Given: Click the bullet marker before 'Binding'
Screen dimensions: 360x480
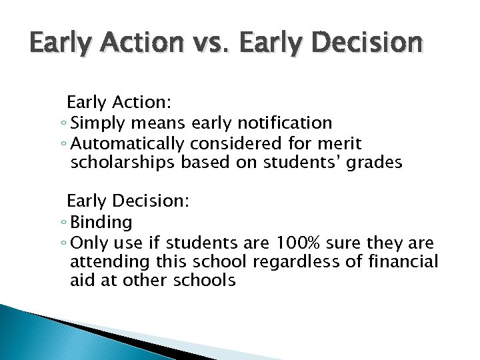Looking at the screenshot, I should point(63,223).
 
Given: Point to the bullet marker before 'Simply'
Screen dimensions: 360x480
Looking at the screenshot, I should point(63,124).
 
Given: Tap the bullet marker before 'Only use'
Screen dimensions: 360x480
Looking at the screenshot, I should point(63,243).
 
